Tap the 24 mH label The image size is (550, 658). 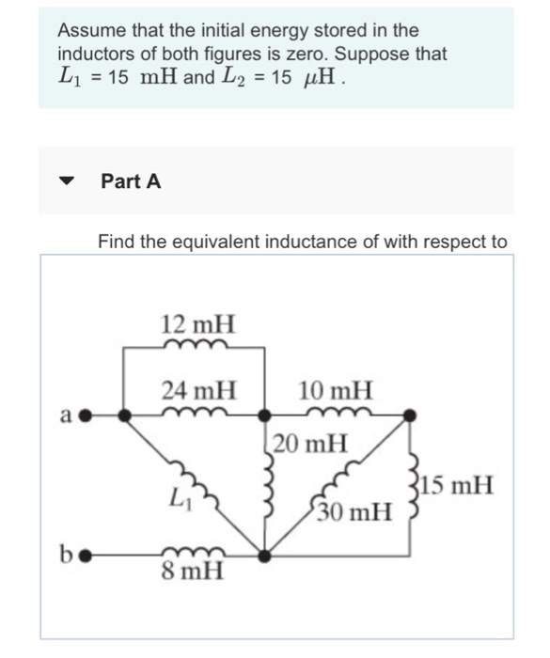point(198,387)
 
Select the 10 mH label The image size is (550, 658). point(336,387)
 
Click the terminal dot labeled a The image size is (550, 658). point(84,414)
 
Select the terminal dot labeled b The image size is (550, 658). point(84,555)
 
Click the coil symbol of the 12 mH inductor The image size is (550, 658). point(196,345)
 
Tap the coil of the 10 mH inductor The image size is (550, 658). point(336,411)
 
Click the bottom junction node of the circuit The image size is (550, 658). point(267,555)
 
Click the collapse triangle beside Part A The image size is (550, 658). point(67,181)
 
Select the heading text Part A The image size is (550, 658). point(131,181)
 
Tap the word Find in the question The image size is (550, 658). point(116,242)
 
